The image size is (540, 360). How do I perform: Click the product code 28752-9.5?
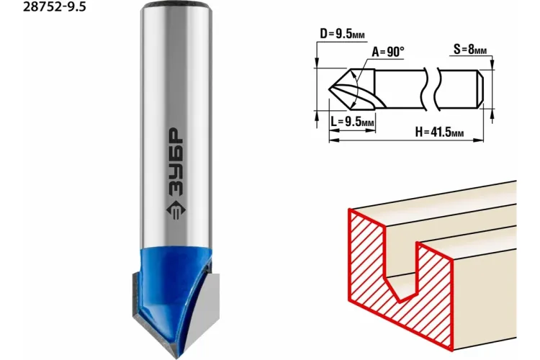coord(54,6)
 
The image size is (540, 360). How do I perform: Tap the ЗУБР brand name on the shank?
coord(176,161)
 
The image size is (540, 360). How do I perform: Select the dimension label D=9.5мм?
coord(342,34)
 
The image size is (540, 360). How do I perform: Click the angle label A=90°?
coord(388,52)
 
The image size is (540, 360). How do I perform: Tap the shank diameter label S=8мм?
coord(469,50)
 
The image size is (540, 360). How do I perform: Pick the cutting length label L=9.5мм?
coord(352,122)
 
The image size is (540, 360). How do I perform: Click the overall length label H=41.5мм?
coord(439,132)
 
